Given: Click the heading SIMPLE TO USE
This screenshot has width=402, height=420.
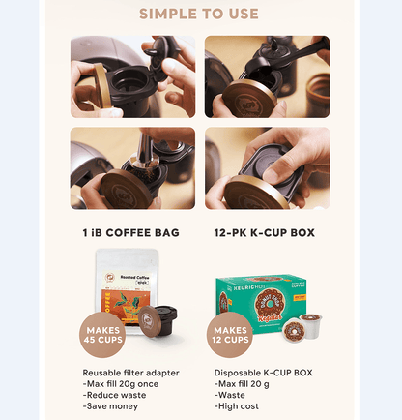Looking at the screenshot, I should (199, 14).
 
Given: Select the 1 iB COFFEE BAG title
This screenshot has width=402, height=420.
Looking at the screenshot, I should (131, 233).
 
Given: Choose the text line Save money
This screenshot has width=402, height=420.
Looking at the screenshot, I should (110, 405).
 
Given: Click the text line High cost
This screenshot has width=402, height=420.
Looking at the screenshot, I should (237, 405).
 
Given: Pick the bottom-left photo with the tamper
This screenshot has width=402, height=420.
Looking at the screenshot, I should (132, 168).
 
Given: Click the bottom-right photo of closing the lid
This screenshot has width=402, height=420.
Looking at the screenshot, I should (267, 168).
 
